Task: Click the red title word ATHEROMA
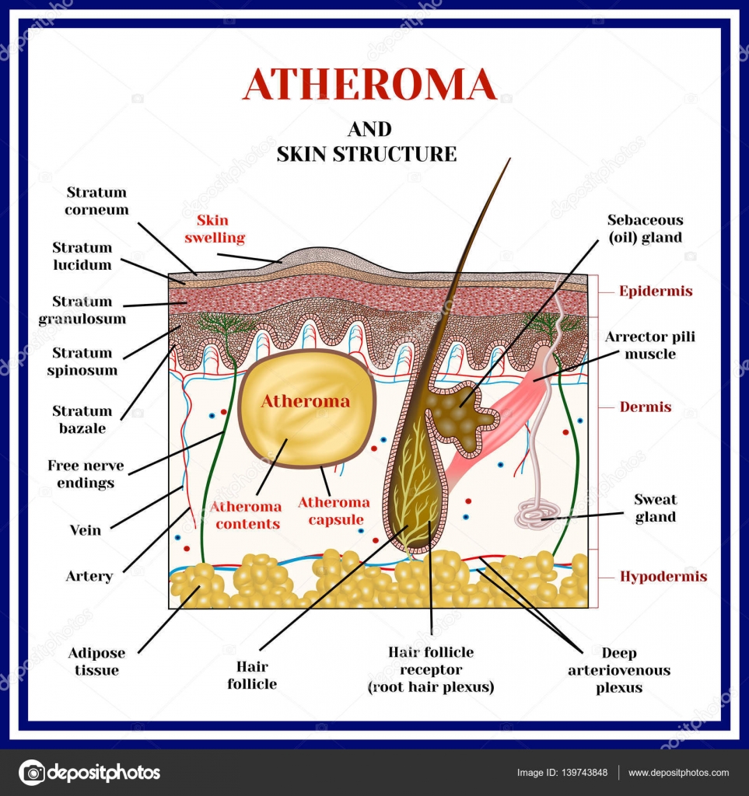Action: click(369, 85)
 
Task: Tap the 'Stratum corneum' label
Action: click(96, 201)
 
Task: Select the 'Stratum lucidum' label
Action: click(82, 256)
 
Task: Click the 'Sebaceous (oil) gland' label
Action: click(645, 229)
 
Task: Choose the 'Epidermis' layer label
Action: click(656, 292)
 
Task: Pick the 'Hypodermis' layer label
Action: click(663, 577)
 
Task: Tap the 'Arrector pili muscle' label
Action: click(649, 345)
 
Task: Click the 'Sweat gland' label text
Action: click(655, 508)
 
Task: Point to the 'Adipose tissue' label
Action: click(97, 662)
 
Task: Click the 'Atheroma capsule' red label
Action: click(334, 511)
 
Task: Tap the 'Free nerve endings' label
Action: click(80, 474)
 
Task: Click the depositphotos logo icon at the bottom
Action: click(32, 773)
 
